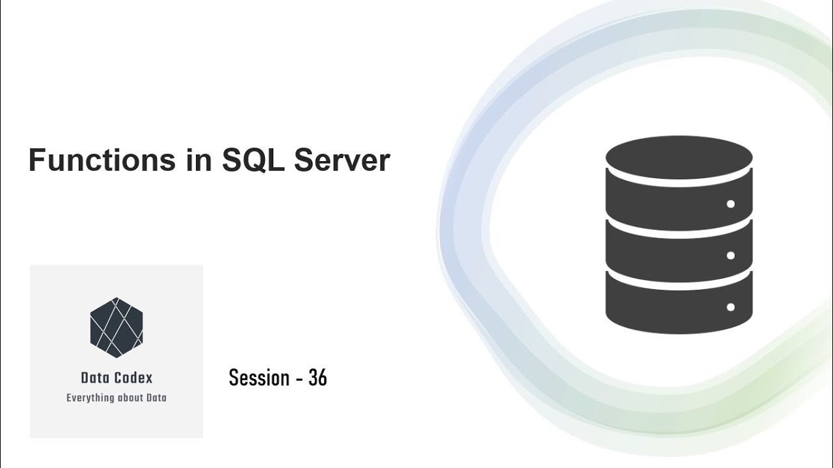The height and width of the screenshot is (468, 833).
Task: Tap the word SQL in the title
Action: coord(253,160)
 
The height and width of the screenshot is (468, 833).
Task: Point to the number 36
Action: coord(318,378)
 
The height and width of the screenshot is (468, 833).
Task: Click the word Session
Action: coord(259,378)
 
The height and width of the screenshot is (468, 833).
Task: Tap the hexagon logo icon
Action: coord(116,328)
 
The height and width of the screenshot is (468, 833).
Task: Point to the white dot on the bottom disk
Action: coord(730,307)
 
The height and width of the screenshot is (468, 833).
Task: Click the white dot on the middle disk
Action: coord(730,255)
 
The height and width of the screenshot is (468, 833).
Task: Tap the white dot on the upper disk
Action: coord(730,204)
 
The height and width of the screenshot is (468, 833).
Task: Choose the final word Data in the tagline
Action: coord(157,398)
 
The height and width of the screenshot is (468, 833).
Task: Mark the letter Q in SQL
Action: coord(253,161)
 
